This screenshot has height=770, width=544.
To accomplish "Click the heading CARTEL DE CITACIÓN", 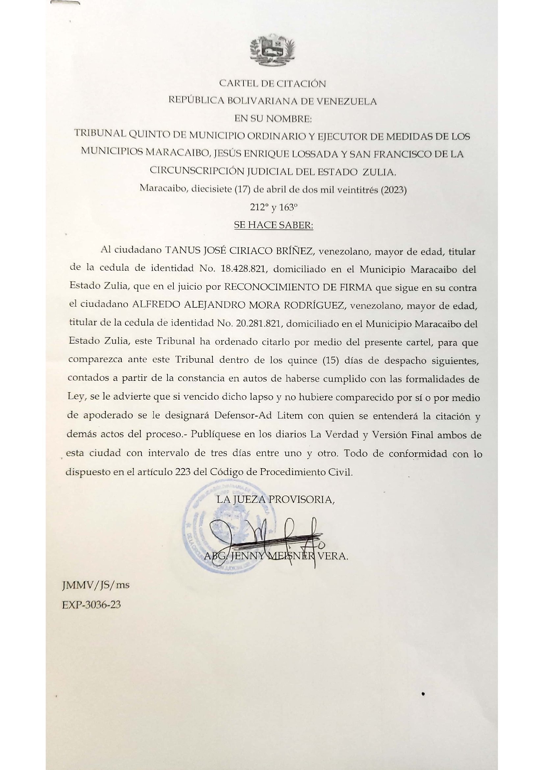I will pyautogui.click(x=272, y=84).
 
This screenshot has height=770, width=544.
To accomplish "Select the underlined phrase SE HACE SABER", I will pyautogui.click(x=273, y=226).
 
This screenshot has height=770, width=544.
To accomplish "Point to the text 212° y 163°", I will pyautogui.click(x=273, y=208).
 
